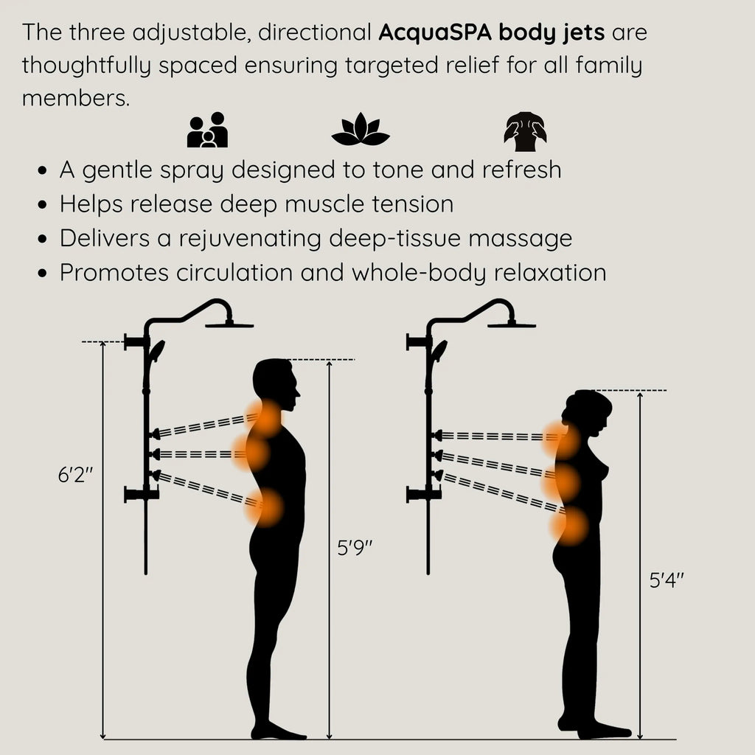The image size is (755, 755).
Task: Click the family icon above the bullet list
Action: [x=207, y=130]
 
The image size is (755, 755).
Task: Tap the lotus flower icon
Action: [x=360, y=131]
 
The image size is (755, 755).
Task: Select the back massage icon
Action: [x=525, y=131]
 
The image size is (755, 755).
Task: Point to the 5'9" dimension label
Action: [x=355, y=549]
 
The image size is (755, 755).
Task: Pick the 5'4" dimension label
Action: [x=667, y=580]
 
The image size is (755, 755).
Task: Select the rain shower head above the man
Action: [x=229, y=323]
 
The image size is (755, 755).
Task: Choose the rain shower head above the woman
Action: [x=512, y=323]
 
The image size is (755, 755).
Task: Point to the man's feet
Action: [x=278, y=731]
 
